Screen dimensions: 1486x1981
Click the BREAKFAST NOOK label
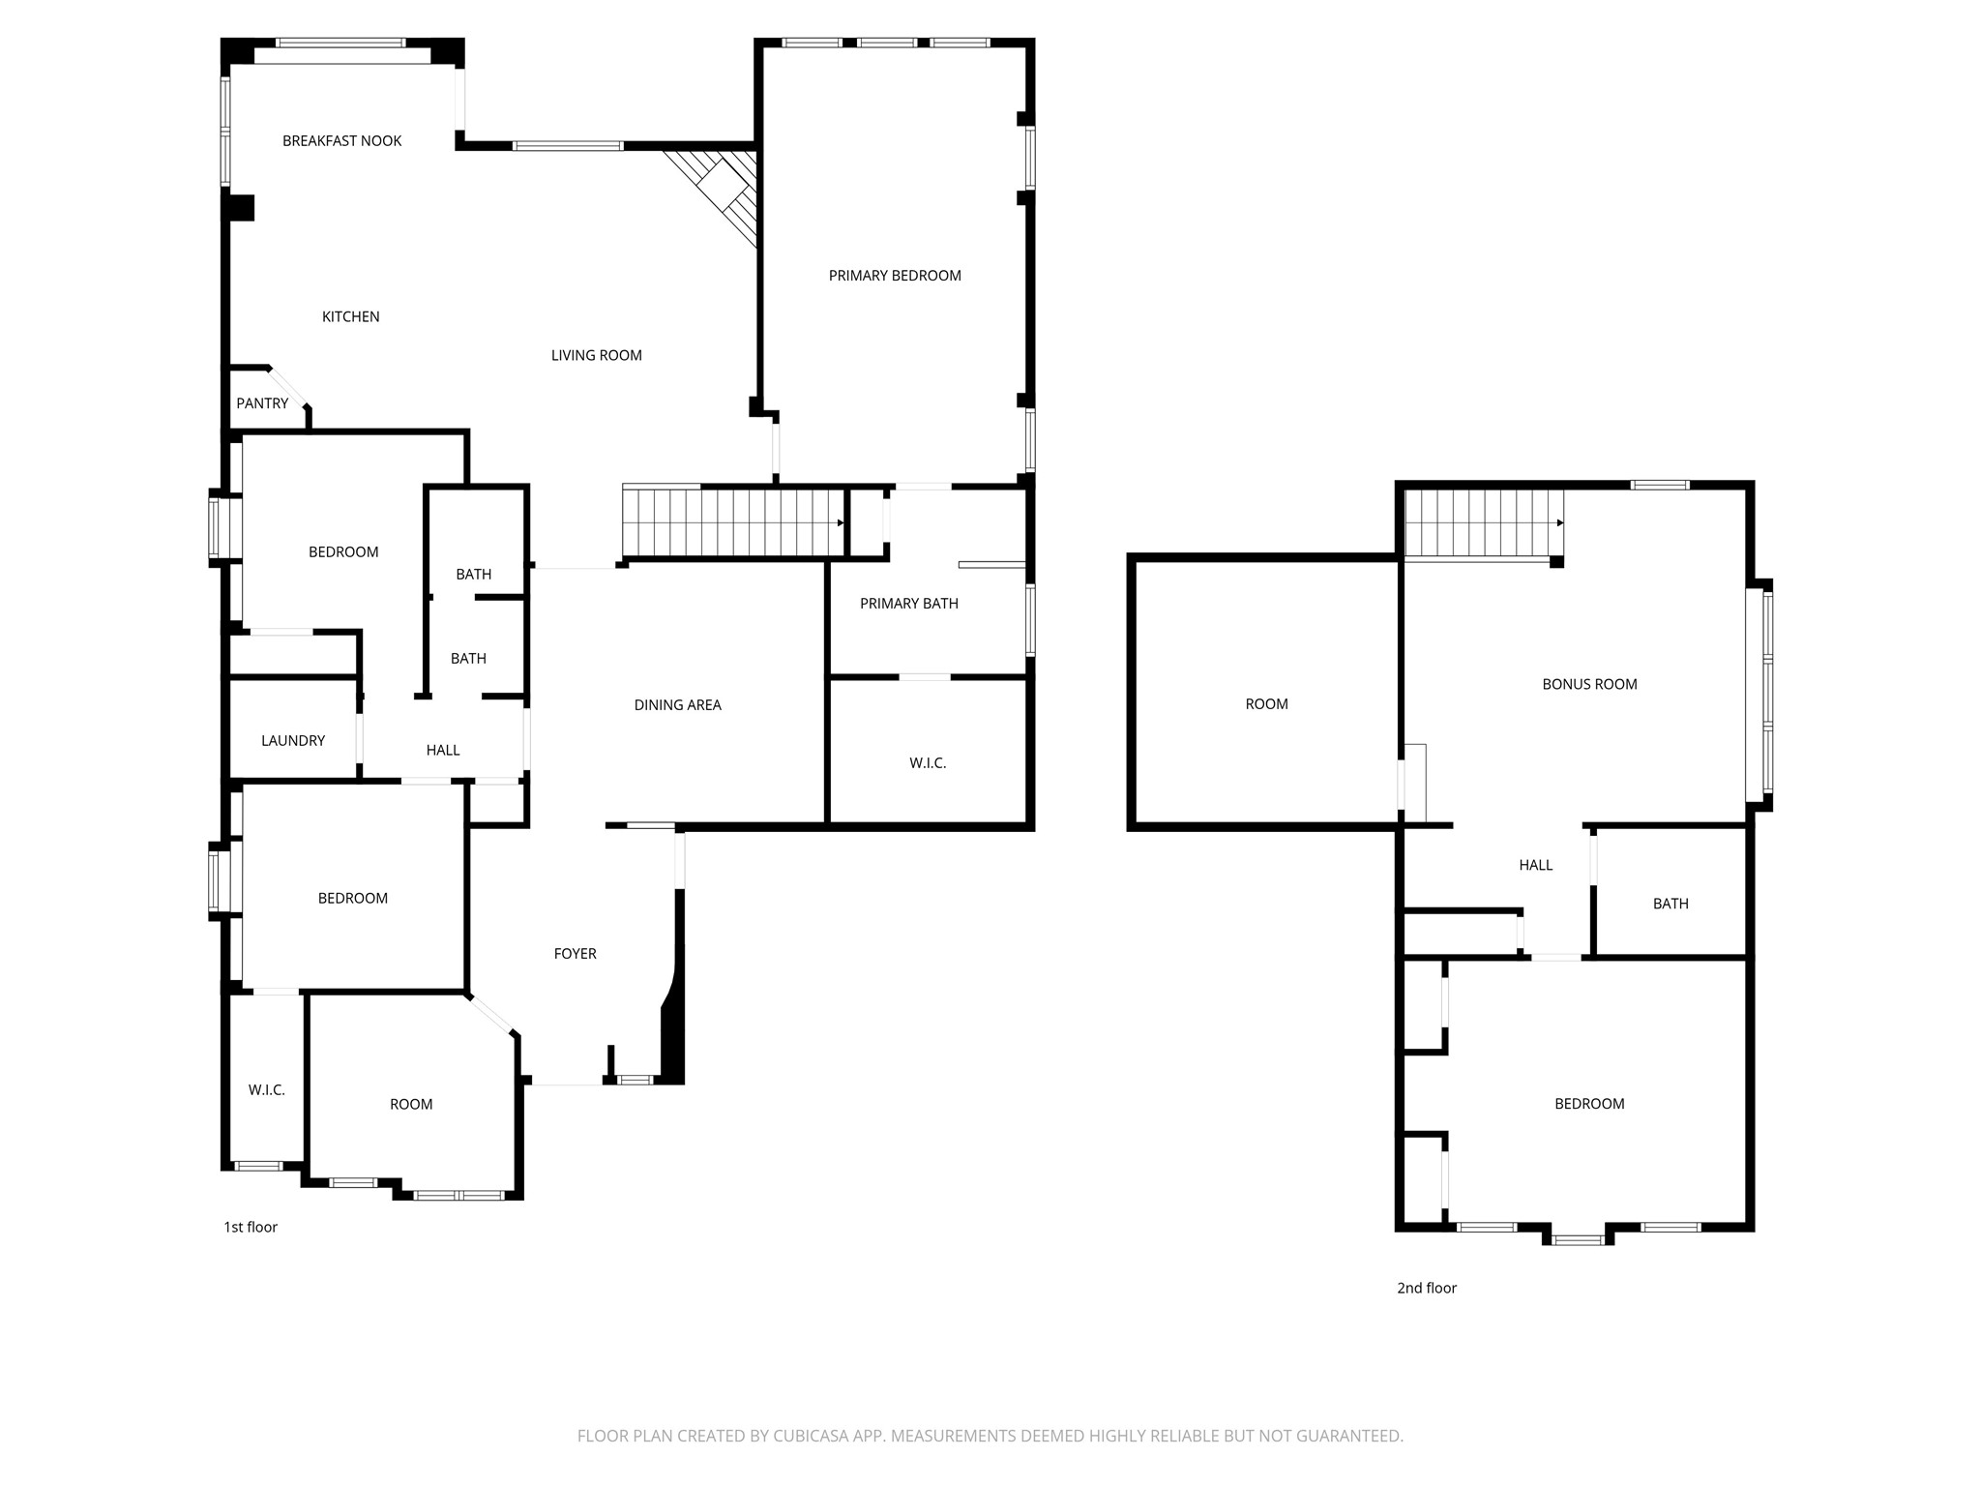pos(341,141)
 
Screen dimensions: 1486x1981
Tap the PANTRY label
pos(262,403)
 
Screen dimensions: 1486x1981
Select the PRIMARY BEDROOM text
pos(895,276)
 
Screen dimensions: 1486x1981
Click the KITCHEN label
pos(350,316)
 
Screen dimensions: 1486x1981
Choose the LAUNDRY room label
pos(293,741)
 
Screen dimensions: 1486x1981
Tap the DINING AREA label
pos(677,705)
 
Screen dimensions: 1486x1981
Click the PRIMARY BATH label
pos(908,604)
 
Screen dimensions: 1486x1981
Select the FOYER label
pos(575,954)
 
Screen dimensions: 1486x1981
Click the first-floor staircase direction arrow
pos(840,522)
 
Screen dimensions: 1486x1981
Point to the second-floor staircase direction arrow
pos(1559,522)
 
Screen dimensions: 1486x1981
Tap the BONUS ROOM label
pos(1589,684)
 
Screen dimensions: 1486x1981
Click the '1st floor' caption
pos(251,1227)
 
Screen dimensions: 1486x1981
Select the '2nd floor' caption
pos(1426,1288)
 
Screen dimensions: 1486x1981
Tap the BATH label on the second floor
pos(1671,904)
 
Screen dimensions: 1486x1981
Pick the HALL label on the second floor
pos(1535,866)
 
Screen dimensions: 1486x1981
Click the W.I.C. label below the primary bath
pos(927,763)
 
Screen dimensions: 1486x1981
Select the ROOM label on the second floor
pos(1266,704)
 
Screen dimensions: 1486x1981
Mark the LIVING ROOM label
pos(596,355)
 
